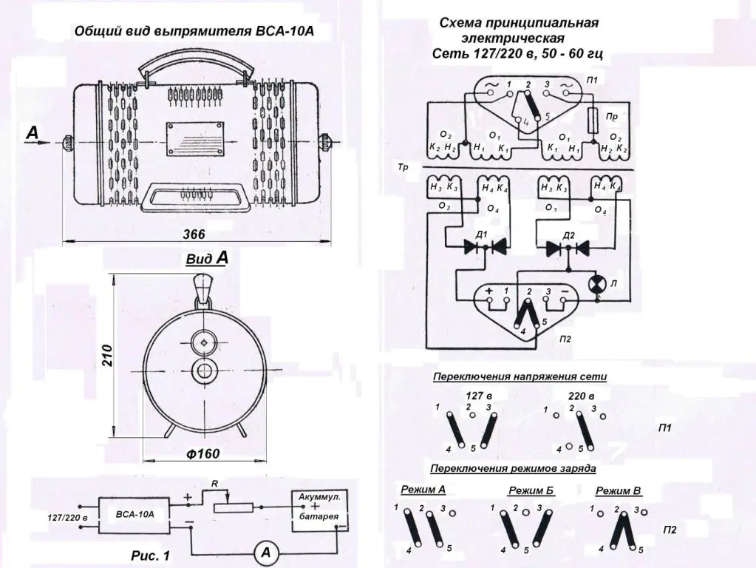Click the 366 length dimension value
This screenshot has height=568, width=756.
[194, 234]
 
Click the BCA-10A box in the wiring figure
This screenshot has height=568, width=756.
[134, 512]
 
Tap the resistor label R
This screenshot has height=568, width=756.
[214, 483]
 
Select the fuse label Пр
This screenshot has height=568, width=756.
[612, 116]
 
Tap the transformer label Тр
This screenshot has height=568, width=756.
[403, 168]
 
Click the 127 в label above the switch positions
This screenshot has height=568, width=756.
[479, 396]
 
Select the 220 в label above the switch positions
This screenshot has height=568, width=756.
[582, 396]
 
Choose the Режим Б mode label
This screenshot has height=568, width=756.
[531, 490]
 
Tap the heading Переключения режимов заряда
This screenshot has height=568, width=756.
[513, 469]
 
